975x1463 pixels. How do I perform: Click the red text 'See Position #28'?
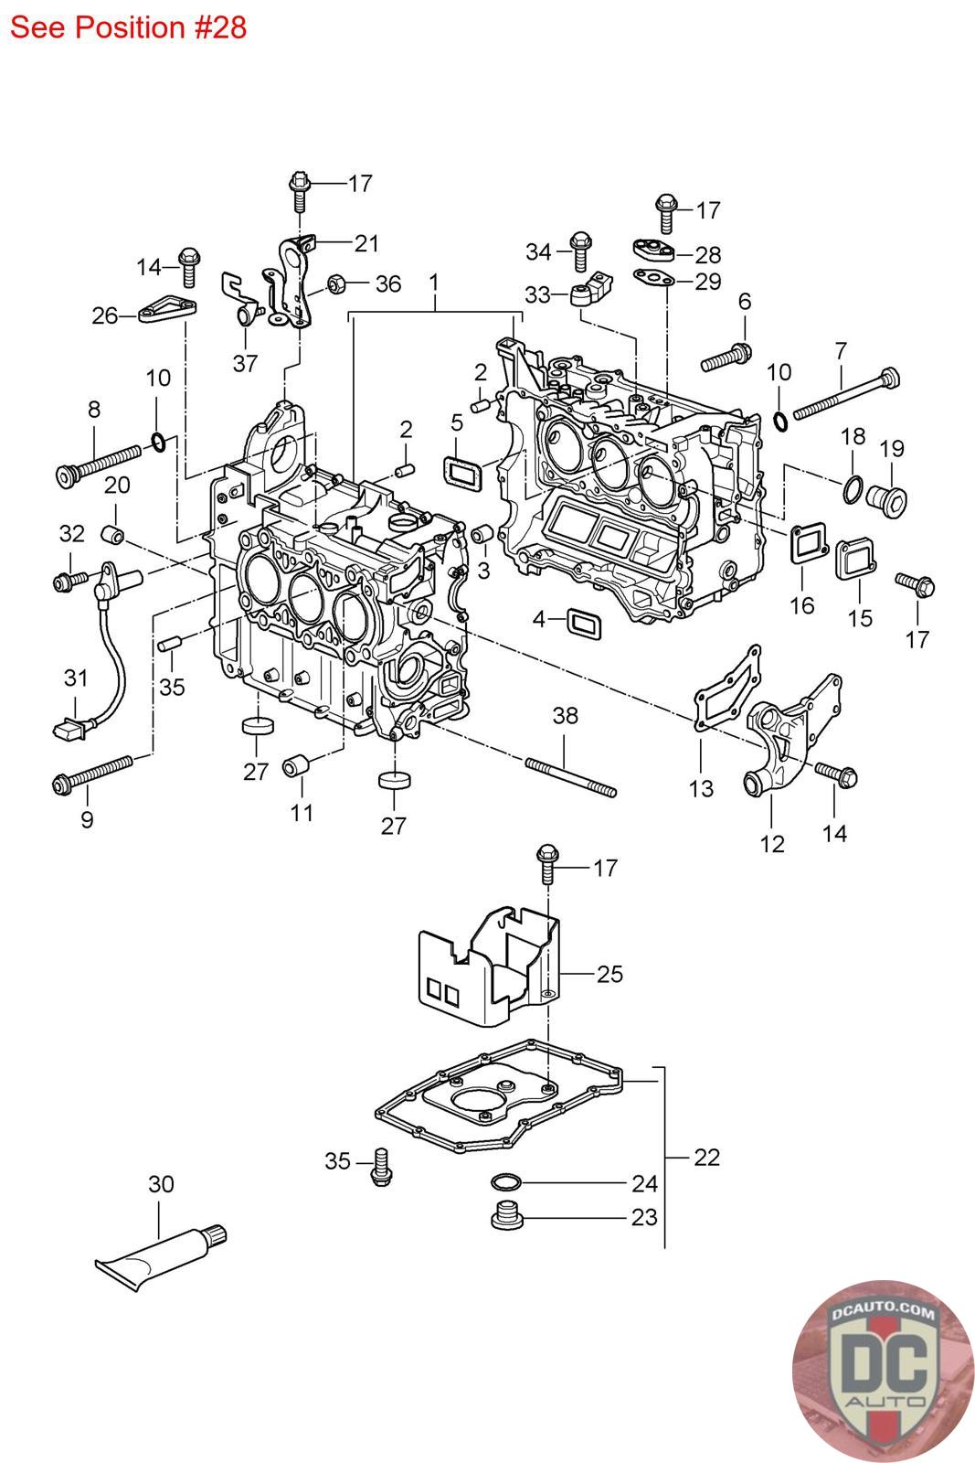[129, 27]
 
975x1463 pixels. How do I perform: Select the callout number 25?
[609, 974]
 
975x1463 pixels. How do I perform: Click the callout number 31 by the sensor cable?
[76, 678]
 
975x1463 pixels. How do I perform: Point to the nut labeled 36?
[335, 283]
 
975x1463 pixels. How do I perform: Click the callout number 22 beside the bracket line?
[706, 1157]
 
